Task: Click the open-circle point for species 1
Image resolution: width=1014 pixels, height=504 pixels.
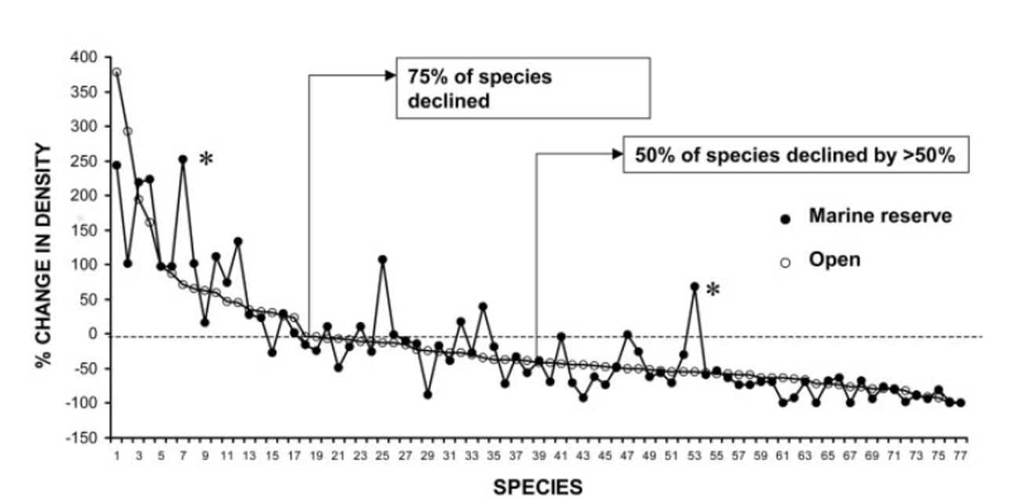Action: [116, 72]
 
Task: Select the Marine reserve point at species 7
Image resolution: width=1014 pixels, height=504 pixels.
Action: [182, 159]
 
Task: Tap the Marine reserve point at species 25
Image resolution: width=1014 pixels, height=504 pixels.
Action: [382, 259]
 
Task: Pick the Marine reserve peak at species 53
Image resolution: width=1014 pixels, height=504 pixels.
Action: [695, 287]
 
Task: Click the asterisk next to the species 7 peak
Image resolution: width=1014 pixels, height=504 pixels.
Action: [206, 159]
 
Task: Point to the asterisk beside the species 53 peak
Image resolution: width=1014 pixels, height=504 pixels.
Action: [713, 290]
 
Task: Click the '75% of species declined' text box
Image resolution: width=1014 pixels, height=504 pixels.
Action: [523, 88]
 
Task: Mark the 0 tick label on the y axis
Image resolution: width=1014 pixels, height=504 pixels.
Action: [95, 334]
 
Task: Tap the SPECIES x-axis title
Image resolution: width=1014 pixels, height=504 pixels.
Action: [538, 488]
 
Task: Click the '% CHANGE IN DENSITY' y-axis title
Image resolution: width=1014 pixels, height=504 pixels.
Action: [45, 247]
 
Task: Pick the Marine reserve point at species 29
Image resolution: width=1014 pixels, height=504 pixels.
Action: [428, 394]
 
